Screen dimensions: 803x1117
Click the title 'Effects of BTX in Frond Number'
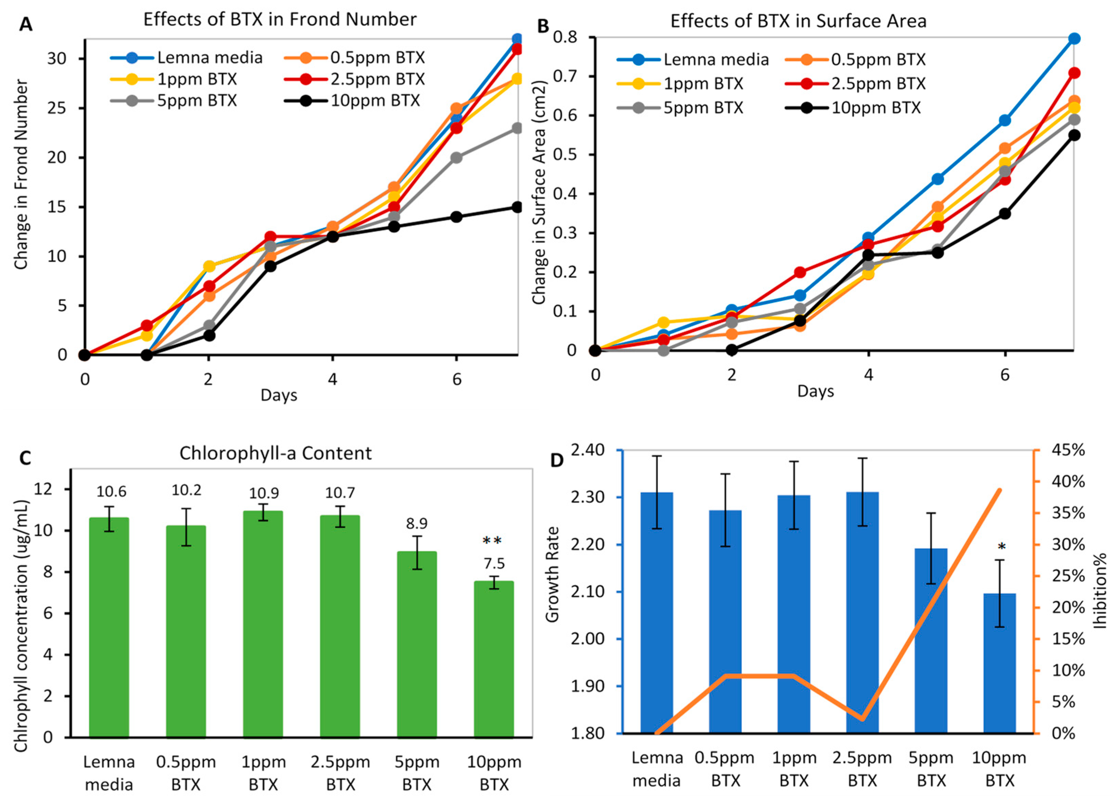tap(280, 19)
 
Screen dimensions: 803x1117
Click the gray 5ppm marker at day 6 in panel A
tap(457, 158)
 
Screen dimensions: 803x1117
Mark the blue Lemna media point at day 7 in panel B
tap(1075, 38)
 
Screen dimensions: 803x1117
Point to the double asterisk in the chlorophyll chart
tap(492, 541)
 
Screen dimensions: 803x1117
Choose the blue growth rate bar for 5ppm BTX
tap(931, 640)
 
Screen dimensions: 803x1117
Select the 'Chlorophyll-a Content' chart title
tap(275, 453)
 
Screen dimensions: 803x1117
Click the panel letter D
tap(556, 460)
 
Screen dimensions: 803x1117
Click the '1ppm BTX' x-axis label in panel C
tap(263, 773)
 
